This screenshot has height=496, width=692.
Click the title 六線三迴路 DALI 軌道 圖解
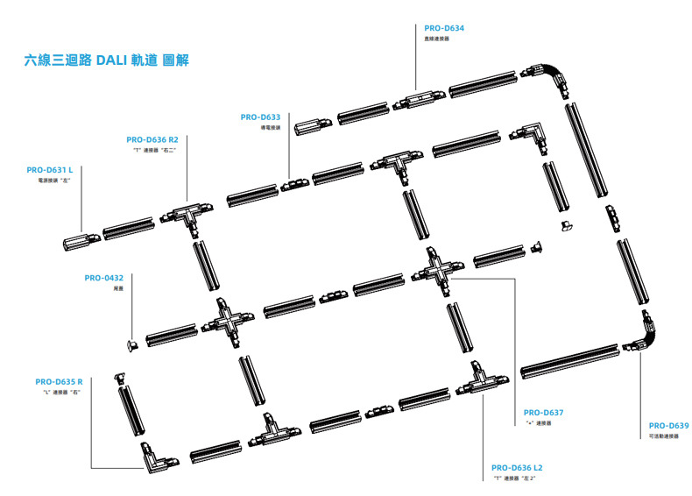pyautogui.click(x=106, y=60)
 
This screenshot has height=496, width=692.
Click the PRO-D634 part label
pyautogui.click(x=443, y=28)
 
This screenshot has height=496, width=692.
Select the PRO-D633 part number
pyautogui.click(x=260, y=117)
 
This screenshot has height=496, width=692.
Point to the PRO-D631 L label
pyautogui.click(x=49, y=170)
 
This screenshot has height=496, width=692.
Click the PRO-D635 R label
pyautogui.click(x=59, y=381)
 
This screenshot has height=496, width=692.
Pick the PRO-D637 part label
pyautogui.click(x=543, y=412)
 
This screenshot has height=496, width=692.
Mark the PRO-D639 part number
pyautogui.click(x=668, y=425)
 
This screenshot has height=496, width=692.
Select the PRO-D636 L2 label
pyautogui.click(x=517, y=468)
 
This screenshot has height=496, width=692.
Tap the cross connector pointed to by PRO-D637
pyautogui.click(x=437, y=269)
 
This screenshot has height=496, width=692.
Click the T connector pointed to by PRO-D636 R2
pyautogui.click(x=184, y=215)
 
